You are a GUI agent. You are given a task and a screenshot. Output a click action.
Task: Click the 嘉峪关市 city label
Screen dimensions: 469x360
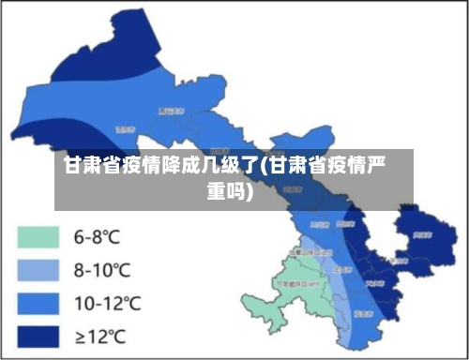(171, 110)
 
